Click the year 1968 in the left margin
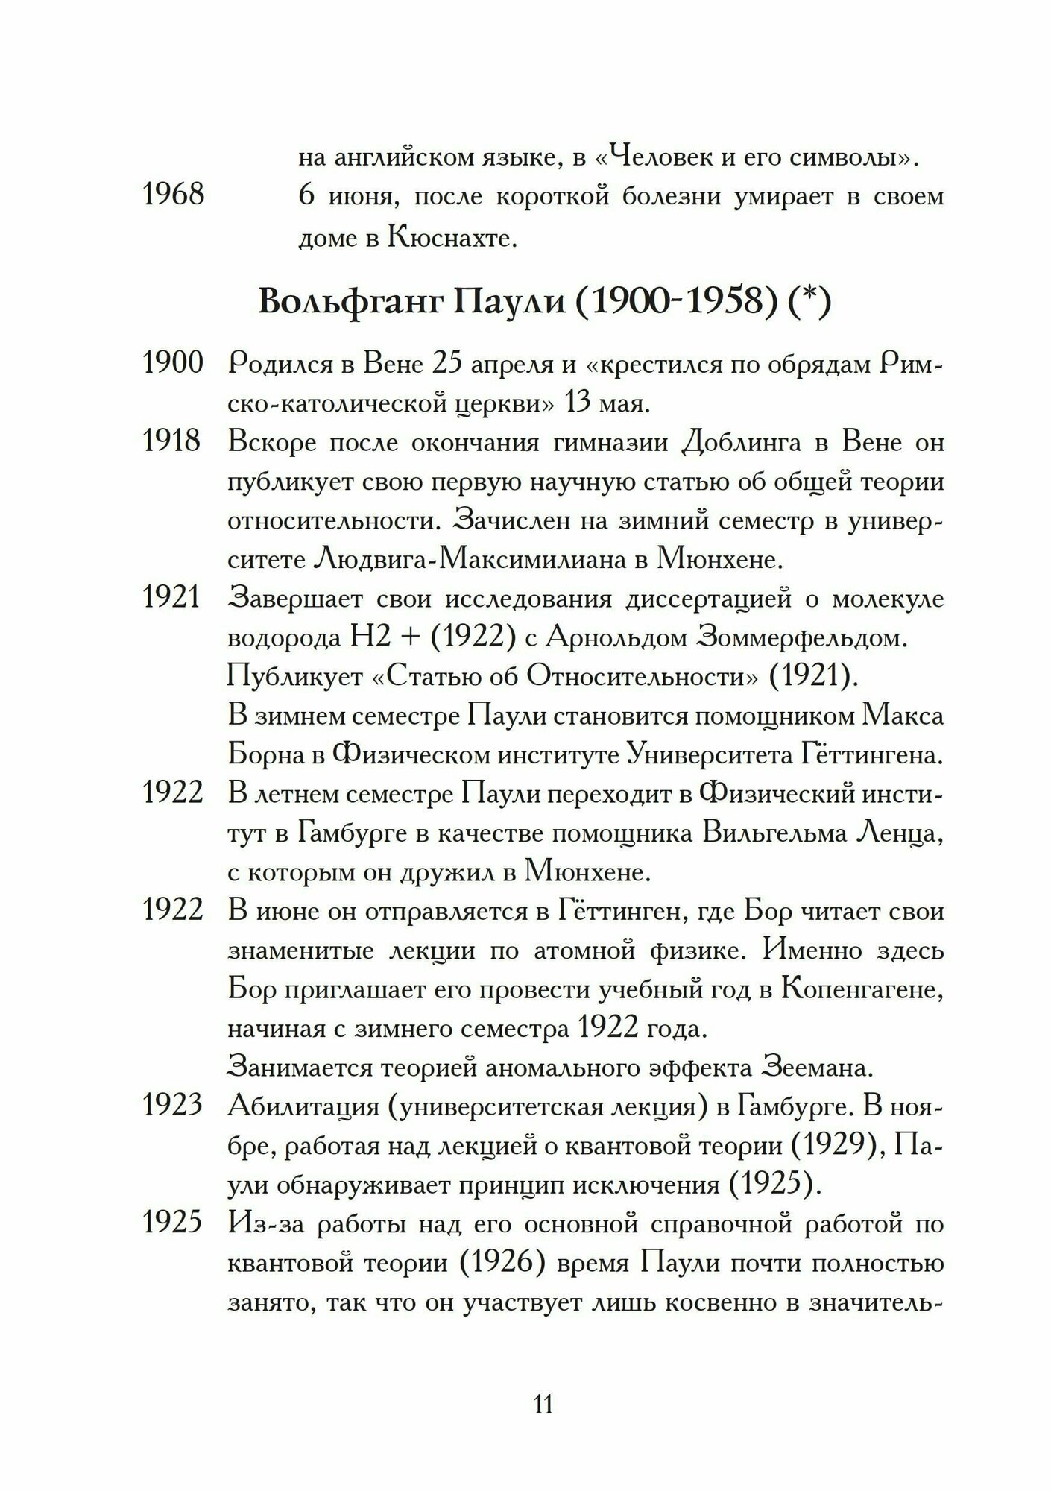pyautogui.click(x=173, y=195)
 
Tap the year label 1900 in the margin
pyautogui.click(x=173, y=364)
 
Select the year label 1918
pyautogui.click(x=173, y=442)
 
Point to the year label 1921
pyautogui.click(x=173, y=599)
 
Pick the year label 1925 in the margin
pyautogui.click(x=173, y=1223)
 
